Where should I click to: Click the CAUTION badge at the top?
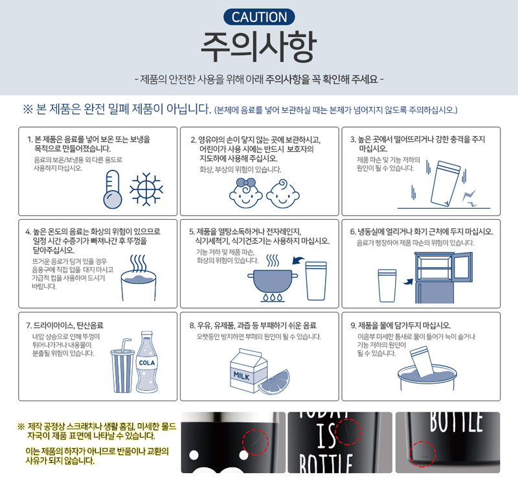pyautogui.click(x=259, y=17)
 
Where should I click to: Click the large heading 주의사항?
pyautogui.click(x=258, y=47)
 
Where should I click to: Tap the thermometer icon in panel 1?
pyautogui.click(x=113, y=189)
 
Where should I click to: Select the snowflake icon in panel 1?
pyautogui.click(x=146, y=189)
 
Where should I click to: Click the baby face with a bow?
pyautogui.click(x=246, y=193)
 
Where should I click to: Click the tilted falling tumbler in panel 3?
pyautogui.click(x=445, y=184)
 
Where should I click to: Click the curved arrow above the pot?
pyautogui.click(x=298, y=261)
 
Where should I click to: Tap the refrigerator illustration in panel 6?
pyautogui.click(x=443, y=278)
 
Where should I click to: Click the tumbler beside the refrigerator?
pyautogui.click(x=387, y=285)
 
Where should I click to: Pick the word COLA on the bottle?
pyautogui.click(x=147, y=363)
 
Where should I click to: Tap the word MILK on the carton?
pyautogui.click(x=242, y=375)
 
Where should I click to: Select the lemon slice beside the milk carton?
pyautogui.click(x=274, y=382)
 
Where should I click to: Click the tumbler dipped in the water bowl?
pyautogui.click(x=422, y=361)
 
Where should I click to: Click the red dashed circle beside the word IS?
pyautogui.click(x=348, y=432)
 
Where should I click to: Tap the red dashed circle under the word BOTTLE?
pyautogui.click(x=423, y=454)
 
